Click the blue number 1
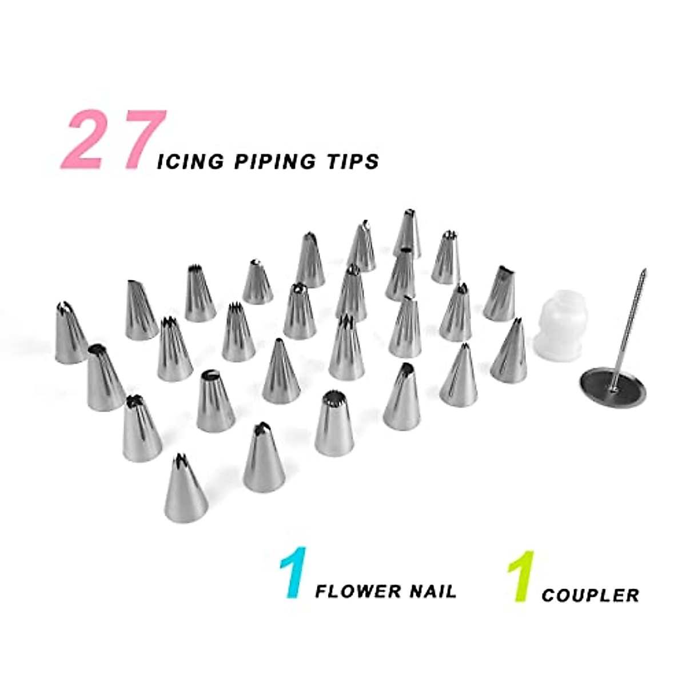(x=293, y=573)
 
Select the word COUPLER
(x=590, y=595)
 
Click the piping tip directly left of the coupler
(x=509, y=352)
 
